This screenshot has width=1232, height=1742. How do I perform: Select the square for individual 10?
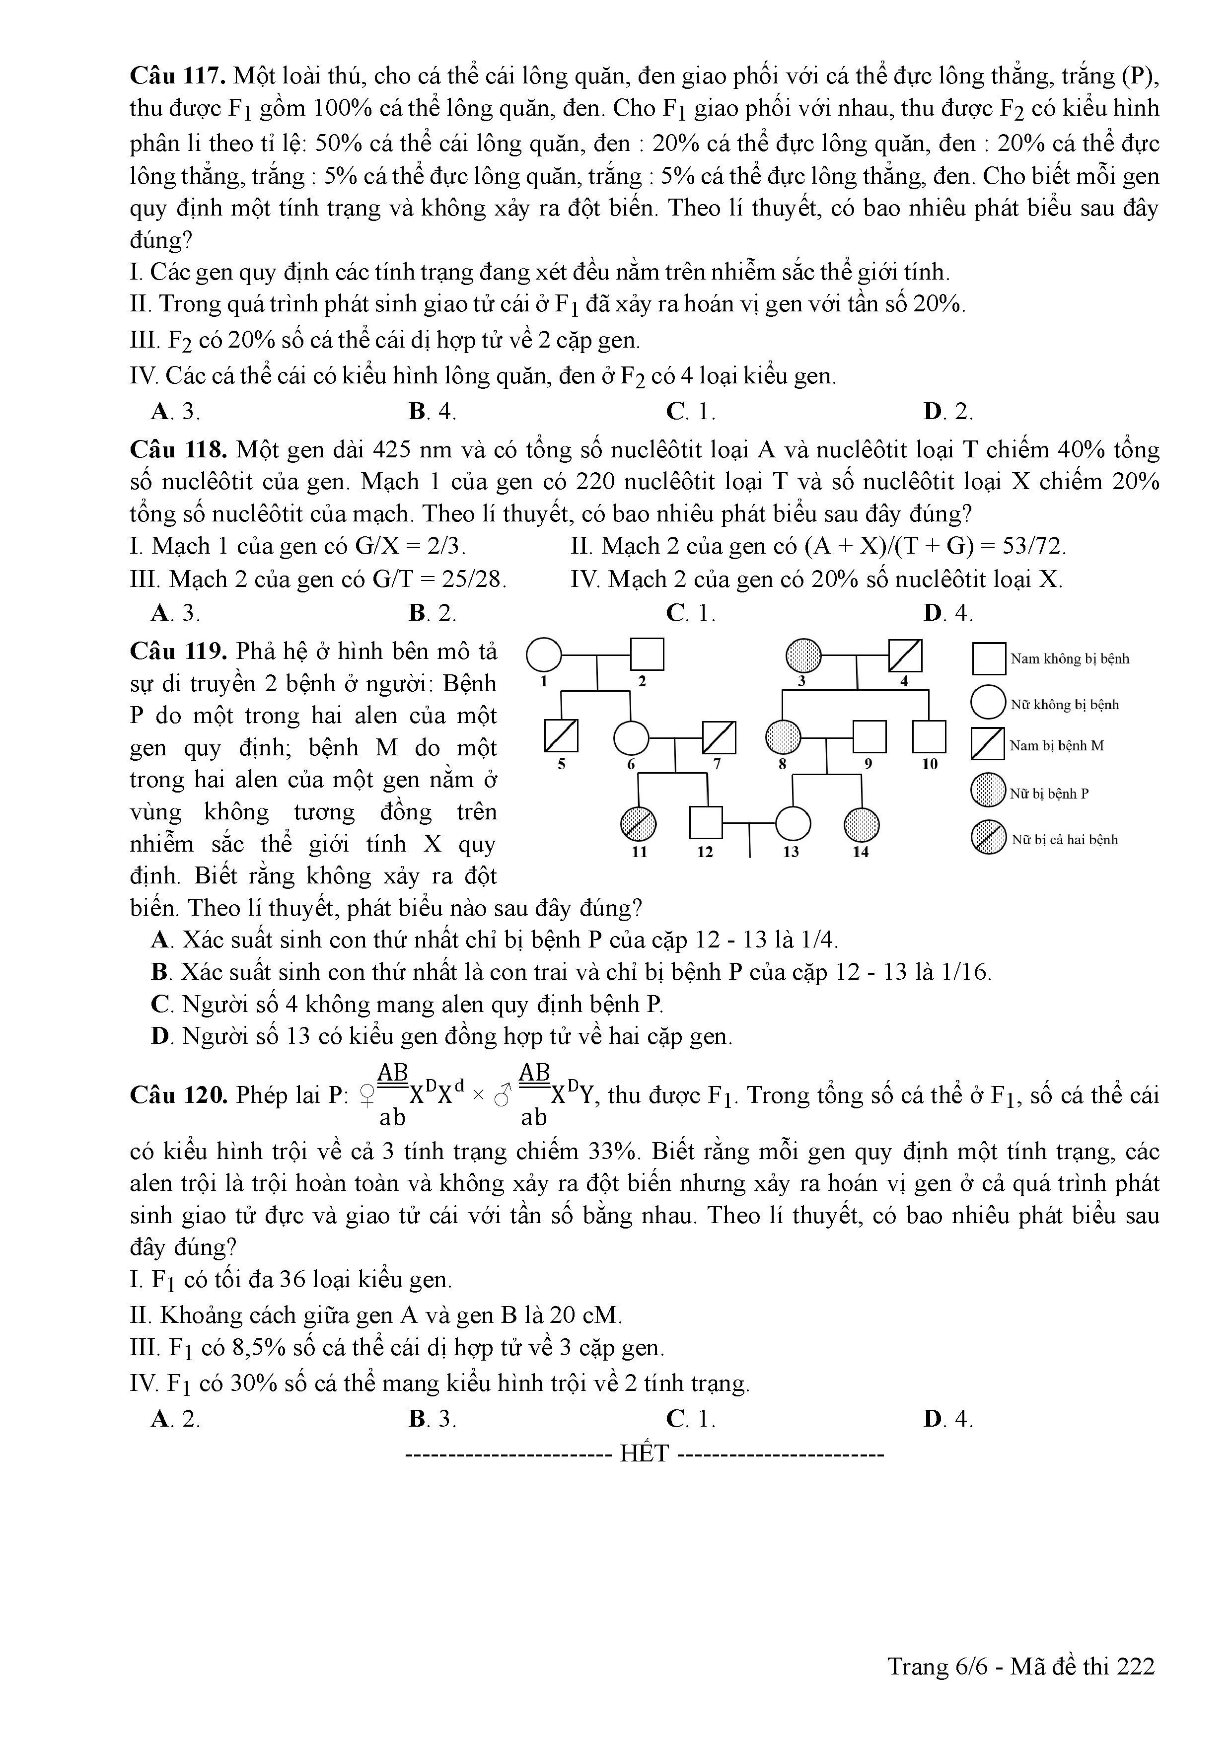click(929, 736)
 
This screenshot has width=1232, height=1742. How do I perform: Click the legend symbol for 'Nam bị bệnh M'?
click(988, 744)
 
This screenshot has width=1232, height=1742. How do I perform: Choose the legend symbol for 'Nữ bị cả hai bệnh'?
click(988, 839)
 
